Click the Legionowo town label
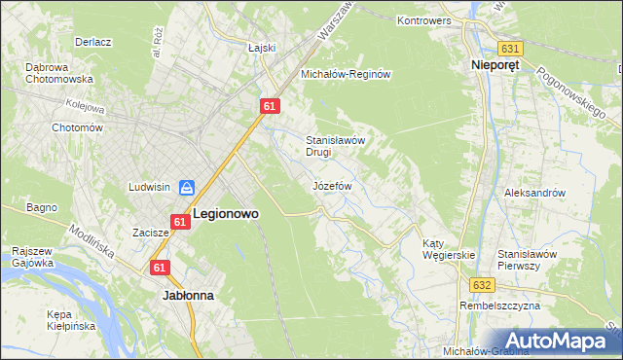226,212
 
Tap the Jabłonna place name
188,293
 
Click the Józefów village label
332,185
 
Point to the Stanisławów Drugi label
335,146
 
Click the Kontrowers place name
429,19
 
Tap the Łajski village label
263,48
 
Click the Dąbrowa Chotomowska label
58,73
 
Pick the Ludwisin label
150,186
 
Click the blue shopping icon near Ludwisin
186,186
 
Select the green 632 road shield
484,285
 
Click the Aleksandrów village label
534,193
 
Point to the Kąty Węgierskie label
448,249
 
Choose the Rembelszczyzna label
499,306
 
